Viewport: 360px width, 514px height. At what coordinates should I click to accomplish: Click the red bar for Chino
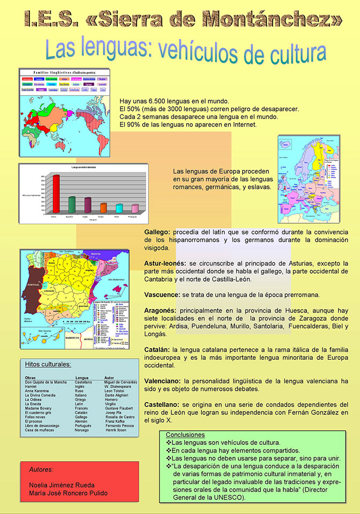tap(55, 193)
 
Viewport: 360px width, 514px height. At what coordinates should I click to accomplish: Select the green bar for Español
tap(71, 205)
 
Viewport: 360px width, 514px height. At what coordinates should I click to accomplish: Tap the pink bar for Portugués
tap(135, 208)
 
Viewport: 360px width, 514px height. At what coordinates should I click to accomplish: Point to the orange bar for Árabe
tap(103, 207)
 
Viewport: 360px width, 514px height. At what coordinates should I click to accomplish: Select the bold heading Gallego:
tap(157, 232)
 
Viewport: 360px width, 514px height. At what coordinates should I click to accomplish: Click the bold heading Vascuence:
tap(162, 294)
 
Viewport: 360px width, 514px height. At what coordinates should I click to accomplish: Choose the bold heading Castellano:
tap(166, 404)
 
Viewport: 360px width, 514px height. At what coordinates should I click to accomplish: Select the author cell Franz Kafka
tap(116, 421)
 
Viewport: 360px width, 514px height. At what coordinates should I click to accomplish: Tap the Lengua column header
tap(82, 377)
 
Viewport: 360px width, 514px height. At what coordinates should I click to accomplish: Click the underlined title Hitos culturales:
tap(48, 364)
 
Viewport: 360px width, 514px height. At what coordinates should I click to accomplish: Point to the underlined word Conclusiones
tap(185, 435)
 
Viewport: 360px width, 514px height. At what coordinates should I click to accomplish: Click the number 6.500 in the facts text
tap(152, 101)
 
